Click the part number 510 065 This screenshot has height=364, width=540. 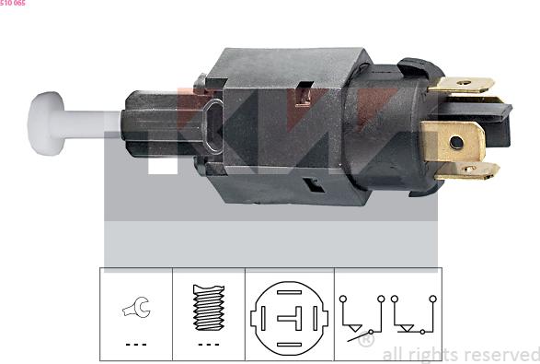pyautogui.click(x=13, y=4)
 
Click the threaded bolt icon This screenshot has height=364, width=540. pyautogui.click(x=209, y=307)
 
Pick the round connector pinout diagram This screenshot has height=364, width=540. pyautogui.click(x=288, y=316)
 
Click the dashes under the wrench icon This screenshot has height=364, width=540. pyautogui.click(x=135, y=345)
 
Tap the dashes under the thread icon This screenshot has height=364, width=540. pyautogui.click(x=209, y=345)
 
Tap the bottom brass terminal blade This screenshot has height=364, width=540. pyautogui.click(x=467, y=170)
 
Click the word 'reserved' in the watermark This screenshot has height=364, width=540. pyautogui.click(x=501, y=354)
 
